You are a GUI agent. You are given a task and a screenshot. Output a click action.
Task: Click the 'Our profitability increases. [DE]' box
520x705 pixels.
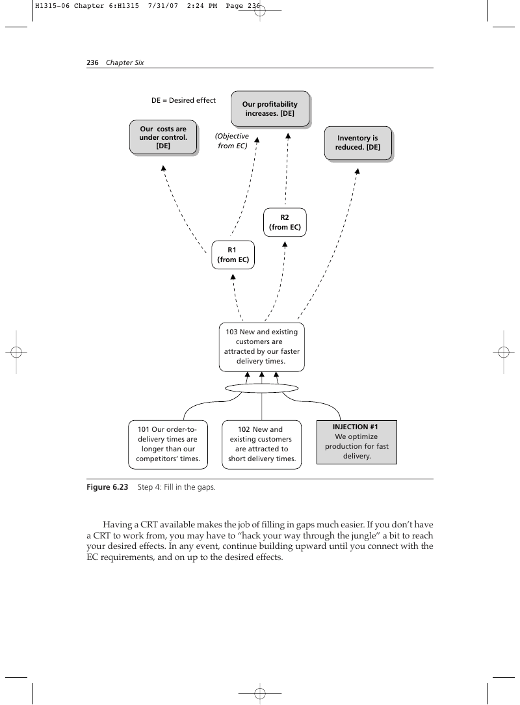coord(270,109)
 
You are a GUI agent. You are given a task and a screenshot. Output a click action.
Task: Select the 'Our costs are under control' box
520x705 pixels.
coord(163,138)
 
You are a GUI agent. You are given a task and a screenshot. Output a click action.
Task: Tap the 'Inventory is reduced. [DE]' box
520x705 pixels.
coord(357,143)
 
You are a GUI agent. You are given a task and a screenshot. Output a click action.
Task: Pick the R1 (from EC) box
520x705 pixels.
coord(233,255)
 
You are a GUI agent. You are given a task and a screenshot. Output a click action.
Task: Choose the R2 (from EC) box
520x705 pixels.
coord(285,222)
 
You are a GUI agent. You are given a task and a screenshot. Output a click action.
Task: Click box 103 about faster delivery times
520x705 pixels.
coord(261,347)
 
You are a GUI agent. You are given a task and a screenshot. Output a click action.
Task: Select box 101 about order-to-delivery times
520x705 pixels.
coord(168,444)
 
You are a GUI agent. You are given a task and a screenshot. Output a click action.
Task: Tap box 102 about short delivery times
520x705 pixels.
coord(261,444)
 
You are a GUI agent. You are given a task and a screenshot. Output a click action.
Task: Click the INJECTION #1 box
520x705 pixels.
coord(357,442)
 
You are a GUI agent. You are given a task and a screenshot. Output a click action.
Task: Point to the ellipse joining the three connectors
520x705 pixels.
coord(261,384)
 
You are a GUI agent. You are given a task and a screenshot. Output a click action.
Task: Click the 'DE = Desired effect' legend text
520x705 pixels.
coord(183,100)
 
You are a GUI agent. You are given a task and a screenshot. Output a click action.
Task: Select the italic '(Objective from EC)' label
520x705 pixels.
coord(232,140)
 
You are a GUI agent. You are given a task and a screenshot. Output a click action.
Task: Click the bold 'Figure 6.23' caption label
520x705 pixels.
coord(107,487)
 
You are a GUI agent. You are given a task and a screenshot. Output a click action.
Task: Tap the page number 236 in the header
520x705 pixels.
coord(92,62)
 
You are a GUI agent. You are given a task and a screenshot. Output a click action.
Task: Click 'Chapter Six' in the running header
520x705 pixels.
coord(125,62)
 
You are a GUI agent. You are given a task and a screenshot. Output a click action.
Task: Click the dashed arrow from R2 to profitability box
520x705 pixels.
coord(287,168)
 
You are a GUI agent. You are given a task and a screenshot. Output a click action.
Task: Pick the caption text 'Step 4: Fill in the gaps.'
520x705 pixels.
coord(177,487)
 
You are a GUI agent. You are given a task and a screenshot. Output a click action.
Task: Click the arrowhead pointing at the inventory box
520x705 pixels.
coord(357,171)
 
